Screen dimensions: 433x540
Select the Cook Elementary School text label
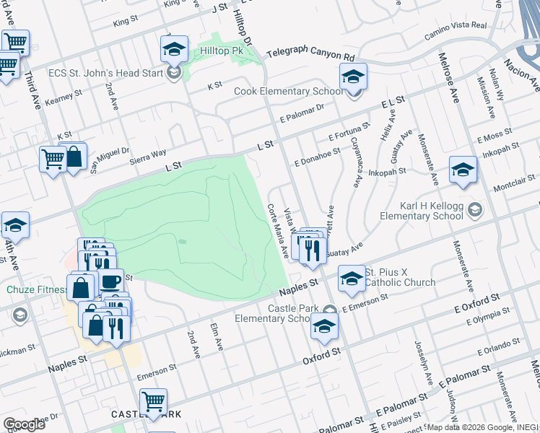click(x=288, y=92)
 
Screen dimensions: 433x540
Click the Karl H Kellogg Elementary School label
click(x=421, y=209)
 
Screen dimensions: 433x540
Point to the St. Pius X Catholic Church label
click(x=400, y=277)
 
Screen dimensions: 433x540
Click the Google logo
click(x=24, y=424)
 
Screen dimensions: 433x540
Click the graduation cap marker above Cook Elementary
click(x=353, y=76)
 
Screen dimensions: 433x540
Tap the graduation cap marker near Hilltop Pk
click(x=173, y=49)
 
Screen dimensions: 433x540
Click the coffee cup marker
click(x=110, y=281)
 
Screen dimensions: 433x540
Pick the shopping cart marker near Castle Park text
click(x=153, y=401)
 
